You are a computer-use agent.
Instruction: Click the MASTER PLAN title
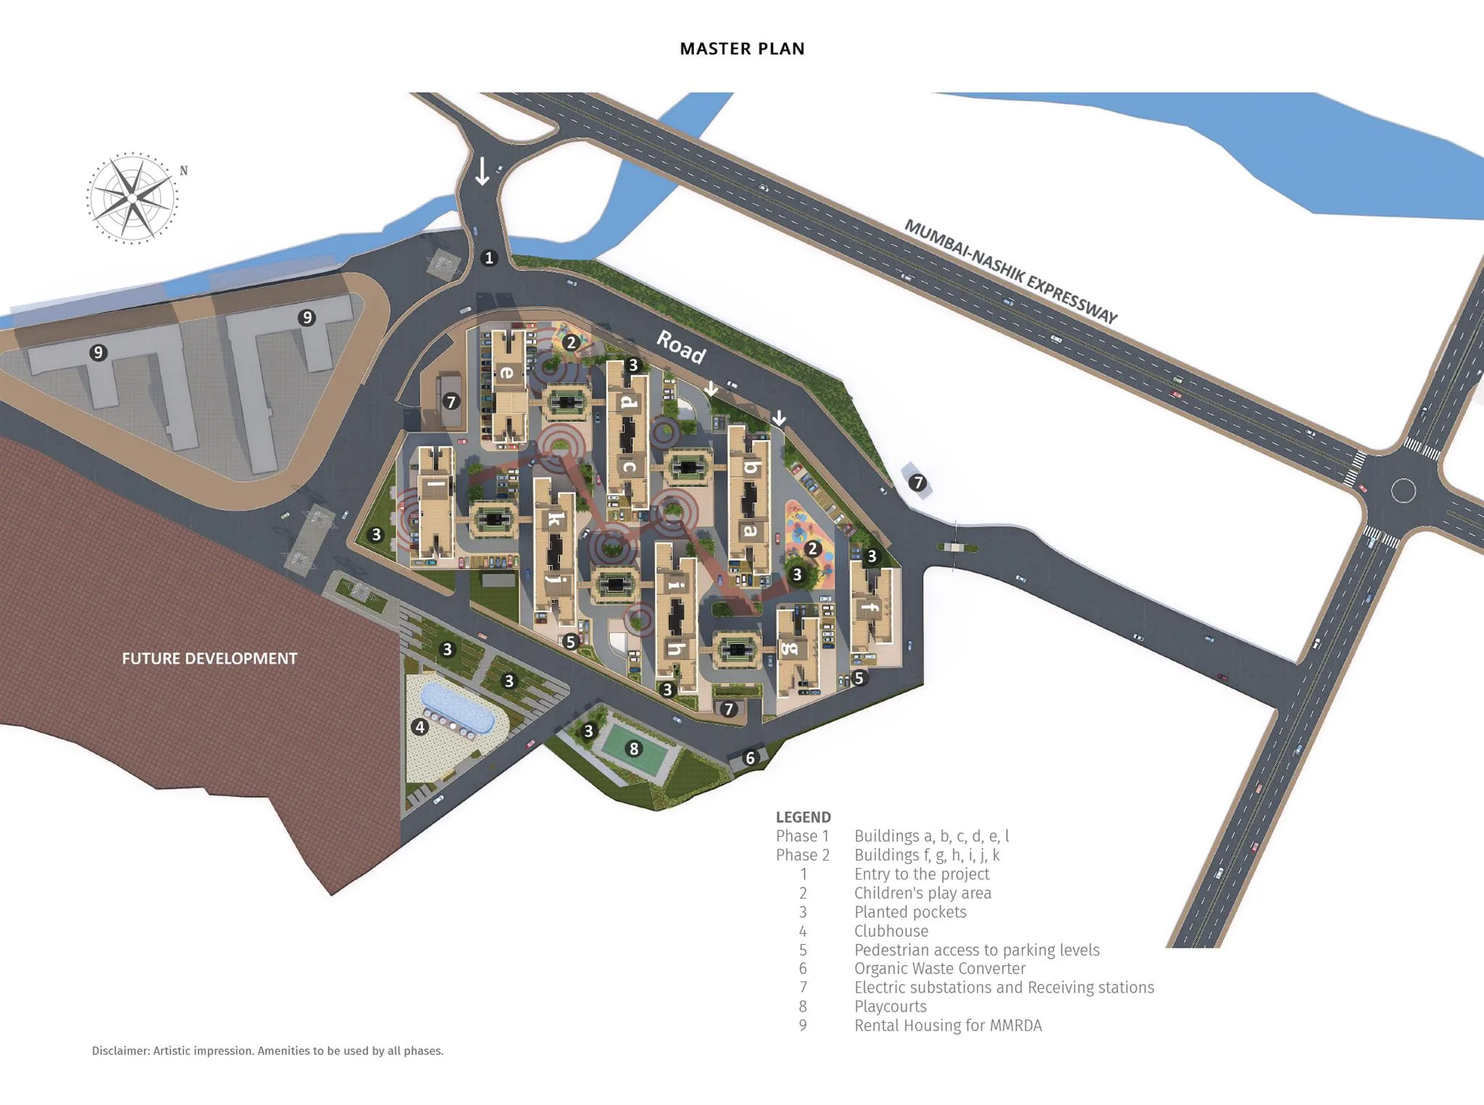coord(742,49)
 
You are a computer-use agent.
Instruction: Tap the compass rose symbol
coord(132,197)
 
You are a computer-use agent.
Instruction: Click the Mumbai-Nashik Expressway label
coord(1011,271)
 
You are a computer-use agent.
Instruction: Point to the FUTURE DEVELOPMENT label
coord(209,658)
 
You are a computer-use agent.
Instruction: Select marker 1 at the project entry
coord(489,257)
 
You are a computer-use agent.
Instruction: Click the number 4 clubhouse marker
coord(420,727)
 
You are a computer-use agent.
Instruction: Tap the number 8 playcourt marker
coord(634,748)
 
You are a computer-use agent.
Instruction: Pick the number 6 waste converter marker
coord(750,758)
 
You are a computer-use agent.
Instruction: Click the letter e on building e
coord(507,373)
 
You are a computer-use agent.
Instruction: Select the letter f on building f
coord(870,607)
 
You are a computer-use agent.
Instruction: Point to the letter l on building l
coord(435,483)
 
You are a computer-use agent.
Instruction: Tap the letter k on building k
coord(554,519)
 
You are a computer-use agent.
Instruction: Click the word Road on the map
coord(681,347)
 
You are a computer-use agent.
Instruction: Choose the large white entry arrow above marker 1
coord(482,171)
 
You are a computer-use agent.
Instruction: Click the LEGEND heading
coord(803,817)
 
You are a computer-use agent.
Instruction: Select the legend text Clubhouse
coord(891,931)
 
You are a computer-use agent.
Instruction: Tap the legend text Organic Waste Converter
coord(940,969)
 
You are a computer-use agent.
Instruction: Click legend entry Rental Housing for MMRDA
coord(948,1025)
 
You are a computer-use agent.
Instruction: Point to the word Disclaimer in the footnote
coord(120,1051)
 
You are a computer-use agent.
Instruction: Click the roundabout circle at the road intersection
coord(1403,491)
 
